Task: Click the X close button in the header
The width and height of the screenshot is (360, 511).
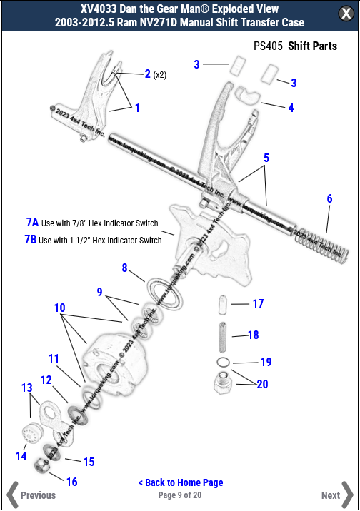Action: (x=344, y=15)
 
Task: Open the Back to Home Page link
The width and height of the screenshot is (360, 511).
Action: (x=180, y=482)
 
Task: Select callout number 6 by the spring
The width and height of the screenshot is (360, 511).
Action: (x=329, y=198)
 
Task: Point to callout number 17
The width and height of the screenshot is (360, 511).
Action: (x=258, y=303)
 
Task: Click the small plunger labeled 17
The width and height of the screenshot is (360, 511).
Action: (x=223, y=303)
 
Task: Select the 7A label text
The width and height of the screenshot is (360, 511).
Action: (x=32, y=223)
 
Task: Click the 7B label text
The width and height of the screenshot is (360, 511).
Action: (x=31, y=240)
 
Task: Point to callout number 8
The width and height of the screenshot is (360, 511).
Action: (x=124, y=268)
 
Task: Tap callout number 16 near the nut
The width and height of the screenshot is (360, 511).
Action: (x=71, y=482)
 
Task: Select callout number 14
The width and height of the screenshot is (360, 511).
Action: (x=21, y=455)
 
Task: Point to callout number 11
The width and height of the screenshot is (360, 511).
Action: (x=54, y=358)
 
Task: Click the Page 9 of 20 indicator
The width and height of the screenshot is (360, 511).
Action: (x=180, y=495)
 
